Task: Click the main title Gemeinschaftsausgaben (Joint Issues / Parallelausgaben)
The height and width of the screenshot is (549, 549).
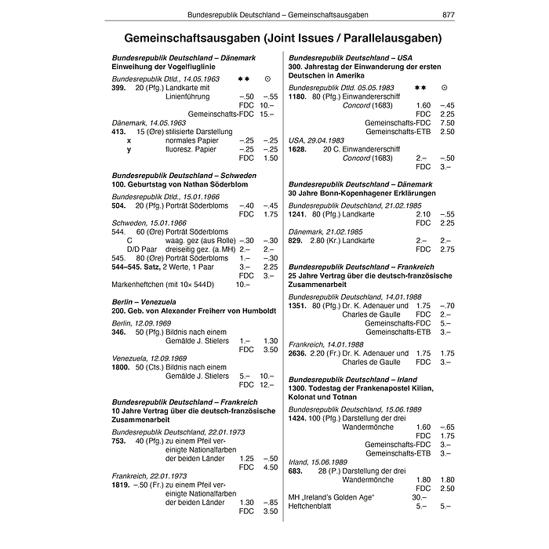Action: [x=274, y=38]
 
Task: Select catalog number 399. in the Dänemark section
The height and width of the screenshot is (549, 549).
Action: [x=119, y=88]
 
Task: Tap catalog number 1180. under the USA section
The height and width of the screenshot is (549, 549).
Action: [x=297, y=96]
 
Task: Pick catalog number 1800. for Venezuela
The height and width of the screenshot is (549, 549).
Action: [x=122, y=367]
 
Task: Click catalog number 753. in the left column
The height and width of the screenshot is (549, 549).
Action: [x=119, y=441]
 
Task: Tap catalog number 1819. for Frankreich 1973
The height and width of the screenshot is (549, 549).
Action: [x=122, y=485]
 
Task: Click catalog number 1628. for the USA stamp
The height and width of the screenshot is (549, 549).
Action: [x=297, y=148]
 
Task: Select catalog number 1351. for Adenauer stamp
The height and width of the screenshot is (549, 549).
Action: [x=297, y=305]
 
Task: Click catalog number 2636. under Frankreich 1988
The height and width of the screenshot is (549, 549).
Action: [x=297, y=353]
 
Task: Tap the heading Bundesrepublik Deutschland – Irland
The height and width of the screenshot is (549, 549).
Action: [x=353, y=380]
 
